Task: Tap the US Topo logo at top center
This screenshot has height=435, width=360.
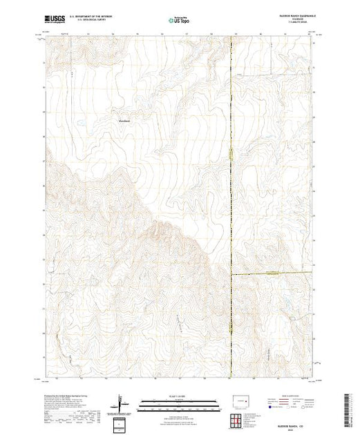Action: (x=171, y=21)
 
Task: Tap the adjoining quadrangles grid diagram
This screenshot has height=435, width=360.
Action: (x=237, y=420)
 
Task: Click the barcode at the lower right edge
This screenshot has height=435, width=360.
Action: (x=347, y=410)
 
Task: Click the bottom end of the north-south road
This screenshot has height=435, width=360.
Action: (x=231, y=378)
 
